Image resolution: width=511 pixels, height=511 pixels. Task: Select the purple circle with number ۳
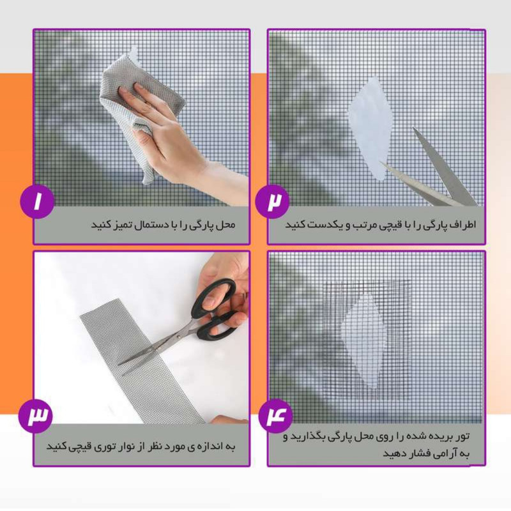point(38,416)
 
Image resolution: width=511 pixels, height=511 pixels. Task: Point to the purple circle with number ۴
point(276,416)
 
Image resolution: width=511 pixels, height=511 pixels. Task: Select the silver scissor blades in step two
point(434,172)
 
